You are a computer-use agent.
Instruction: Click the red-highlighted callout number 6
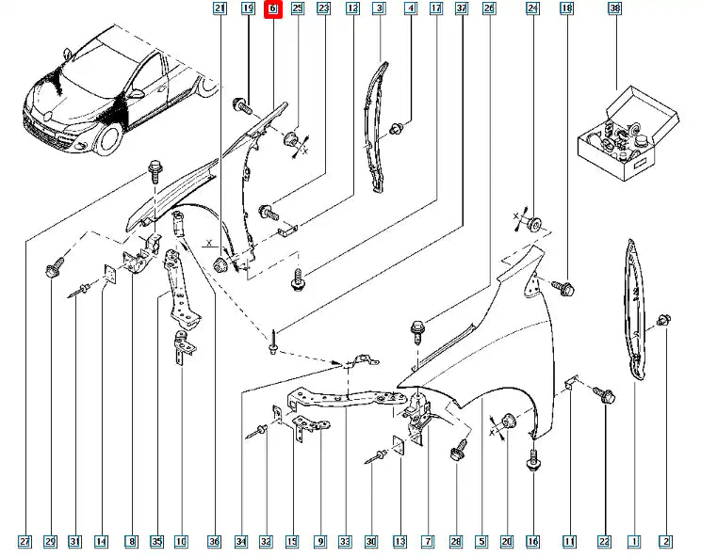click(273, 9)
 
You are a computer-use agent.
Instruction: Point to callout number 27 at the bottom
click(24, 542)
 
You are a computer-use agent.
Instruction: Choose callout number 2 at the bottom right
click(665, 542)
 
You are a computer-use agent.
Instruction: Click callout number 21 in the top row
click(220, 9)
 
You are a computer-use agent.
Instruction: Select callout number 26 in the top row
click(488, 9)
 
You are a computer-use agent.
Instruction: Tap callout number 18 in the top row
click(566, 9)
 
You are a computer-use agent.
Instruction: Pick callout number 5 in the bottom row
click(481, 542)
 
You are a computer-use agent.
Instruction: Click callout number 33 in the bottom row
click(345, 542)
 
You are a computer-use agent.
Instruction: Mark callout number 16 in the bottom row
click(532, 542)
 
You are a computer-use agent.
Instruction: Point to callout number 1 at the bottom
click(634, 542)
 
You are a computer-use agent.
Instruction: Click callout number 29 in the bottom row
click(50, 542)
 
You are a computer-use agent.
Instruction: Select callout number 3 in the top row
click(379, 9)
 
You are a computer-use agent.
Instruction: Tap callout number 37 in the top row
click(462, 9)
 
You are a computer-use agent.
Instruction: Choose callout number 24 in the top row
click(532, 9)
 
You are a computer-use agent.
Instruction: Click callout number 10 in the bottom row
click(180, 542)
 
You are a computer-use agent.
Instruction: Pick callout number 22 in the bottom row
click(604, 542)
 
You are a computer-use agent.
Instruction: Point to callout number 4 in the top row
click(411, 9)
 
